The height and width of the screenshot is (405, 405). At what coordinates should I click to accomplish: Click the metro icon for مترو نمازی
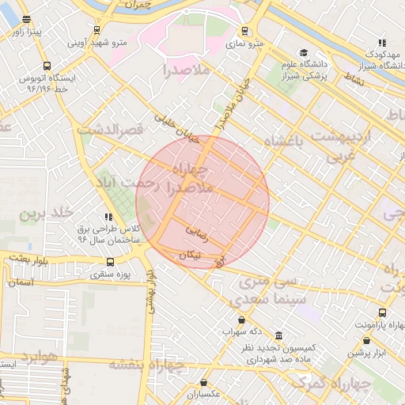pyautogui.click(x=244, y=32)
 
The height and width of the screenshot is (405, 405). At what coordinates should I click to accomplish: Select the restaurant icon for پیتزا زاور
pyautogui.click(x=28, y=20)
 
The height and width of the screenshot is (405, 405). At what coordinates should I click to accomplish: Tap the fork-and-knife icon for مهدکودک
pyautogui.click(x=382, y=43)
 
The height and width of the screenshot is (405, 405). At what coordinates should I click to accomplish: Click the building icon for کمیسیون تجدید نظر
pyautogui.click(x=278, y=335)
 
